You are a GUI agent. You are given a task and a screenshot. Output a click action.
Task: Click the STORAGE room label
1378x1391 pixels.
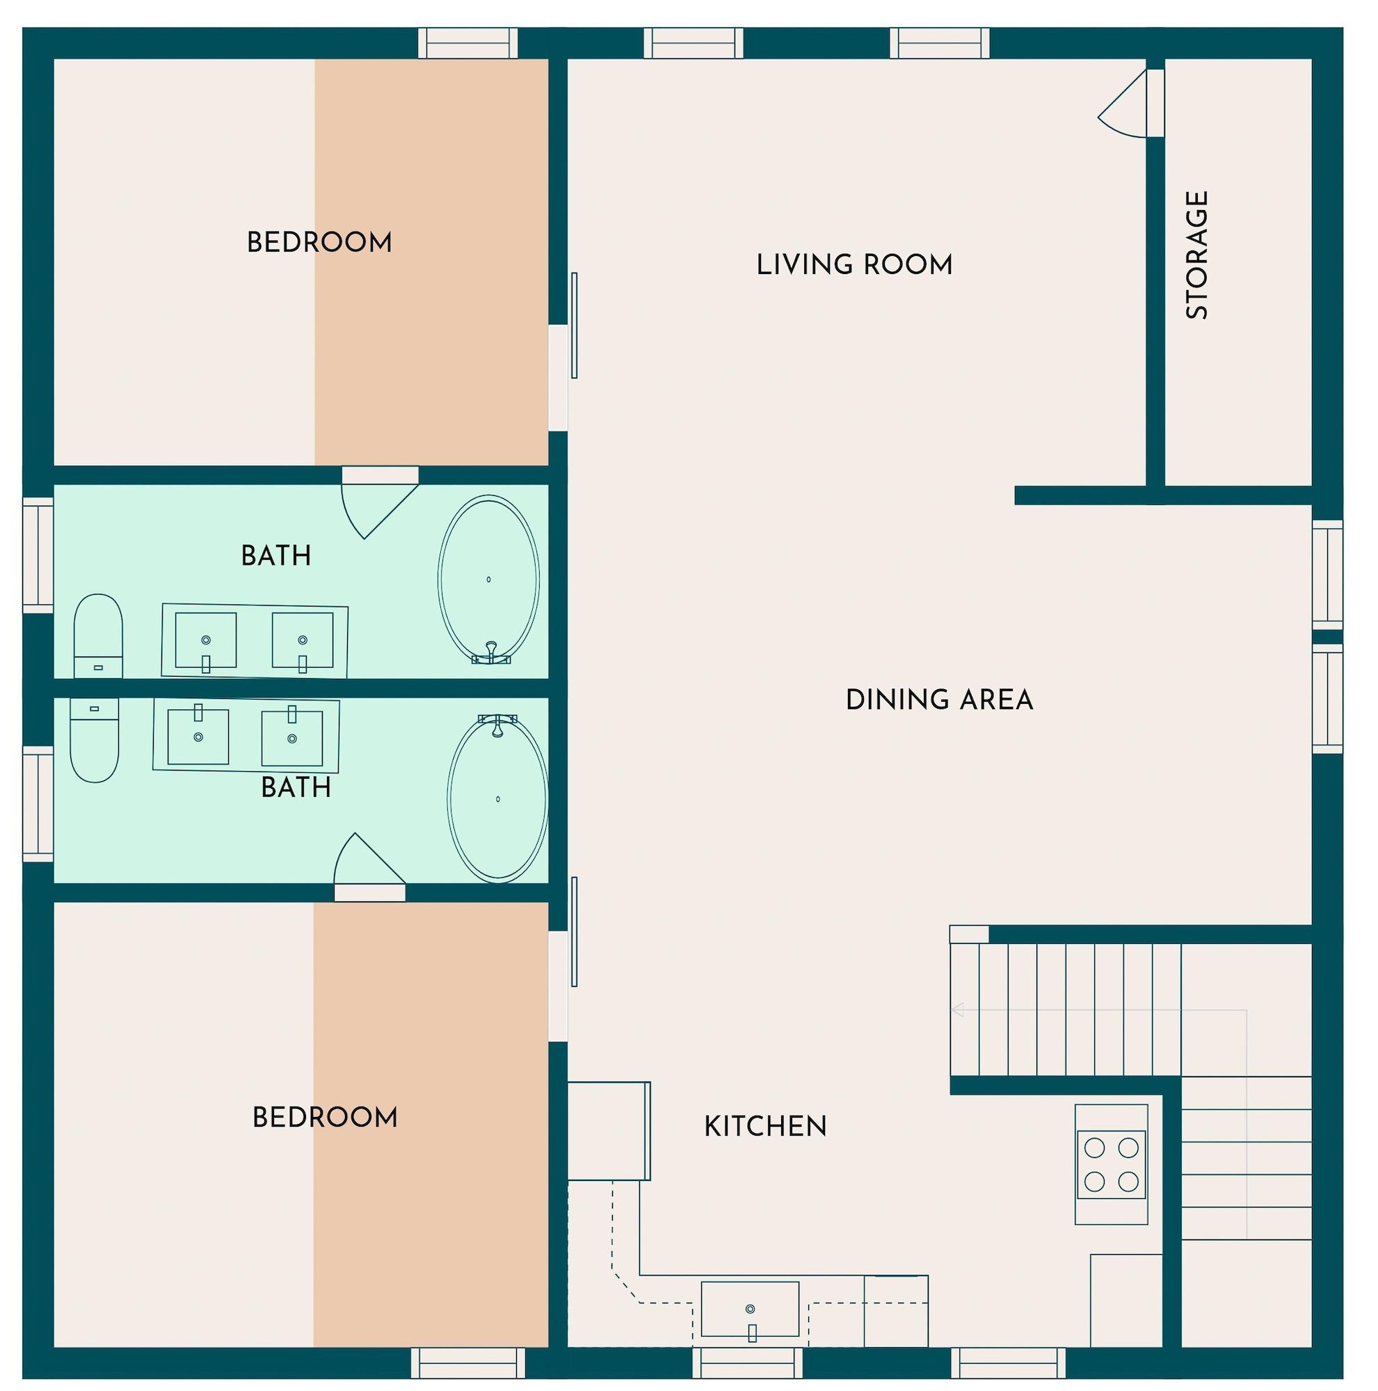(x=1196, y=255)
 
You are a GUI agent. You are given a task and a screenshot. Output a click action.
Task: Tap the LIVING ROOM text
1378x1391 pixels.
(x=854, y=265)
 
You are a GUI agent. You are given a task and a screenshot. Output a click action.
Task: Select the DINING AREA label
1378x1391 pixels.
(x=939, y=700)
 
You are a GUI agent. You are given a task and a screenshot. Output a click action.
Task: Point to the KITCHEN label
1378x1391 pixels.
(x=764, y=1126)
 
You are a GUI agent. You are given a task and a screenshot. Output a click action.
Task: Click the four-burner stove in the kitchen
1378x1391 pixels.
(x=1111, y=1164)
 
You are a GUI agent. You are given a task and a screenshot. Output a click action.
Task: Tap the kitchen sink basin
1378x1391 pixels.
(x=749, y=1308)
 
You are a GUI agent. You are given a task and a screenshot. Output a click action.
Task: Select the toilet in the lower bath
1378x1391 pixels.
(x=95, y=739)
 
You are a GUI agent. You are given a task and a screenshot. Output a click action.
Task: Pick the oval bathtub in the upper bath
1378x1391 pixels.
(x=488, y=579)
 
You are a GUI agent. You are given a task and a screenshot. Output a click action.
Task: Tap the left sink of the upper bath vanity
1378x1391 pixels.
(x=205, y=640)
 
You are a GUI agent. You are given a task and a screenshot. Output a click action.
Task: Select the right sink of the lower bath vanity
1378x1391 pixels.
(x=291, y=738)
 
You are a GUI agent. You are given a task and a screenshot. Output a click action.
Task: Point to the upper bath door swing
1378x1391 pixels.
(x=374, y=507)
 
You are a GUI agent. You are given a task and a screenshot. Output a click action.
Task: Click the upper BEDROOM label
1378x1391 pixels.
(x=319, y=243)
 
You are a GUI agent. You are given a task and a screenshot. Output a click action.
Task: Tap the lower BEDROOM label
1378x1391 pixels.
(x=325, y=1118)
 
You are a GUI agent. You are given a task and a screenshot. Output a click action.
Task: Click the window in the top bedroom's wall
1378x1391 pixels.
(x=468, y=43)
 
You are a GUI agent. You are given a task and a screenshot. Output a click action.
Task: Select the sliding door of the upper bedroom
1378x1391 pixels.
(x=574, y=325)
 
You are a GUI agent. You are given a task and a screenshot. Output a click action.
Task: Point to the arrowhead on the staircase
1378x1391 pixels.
(x=957, y=1010)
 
